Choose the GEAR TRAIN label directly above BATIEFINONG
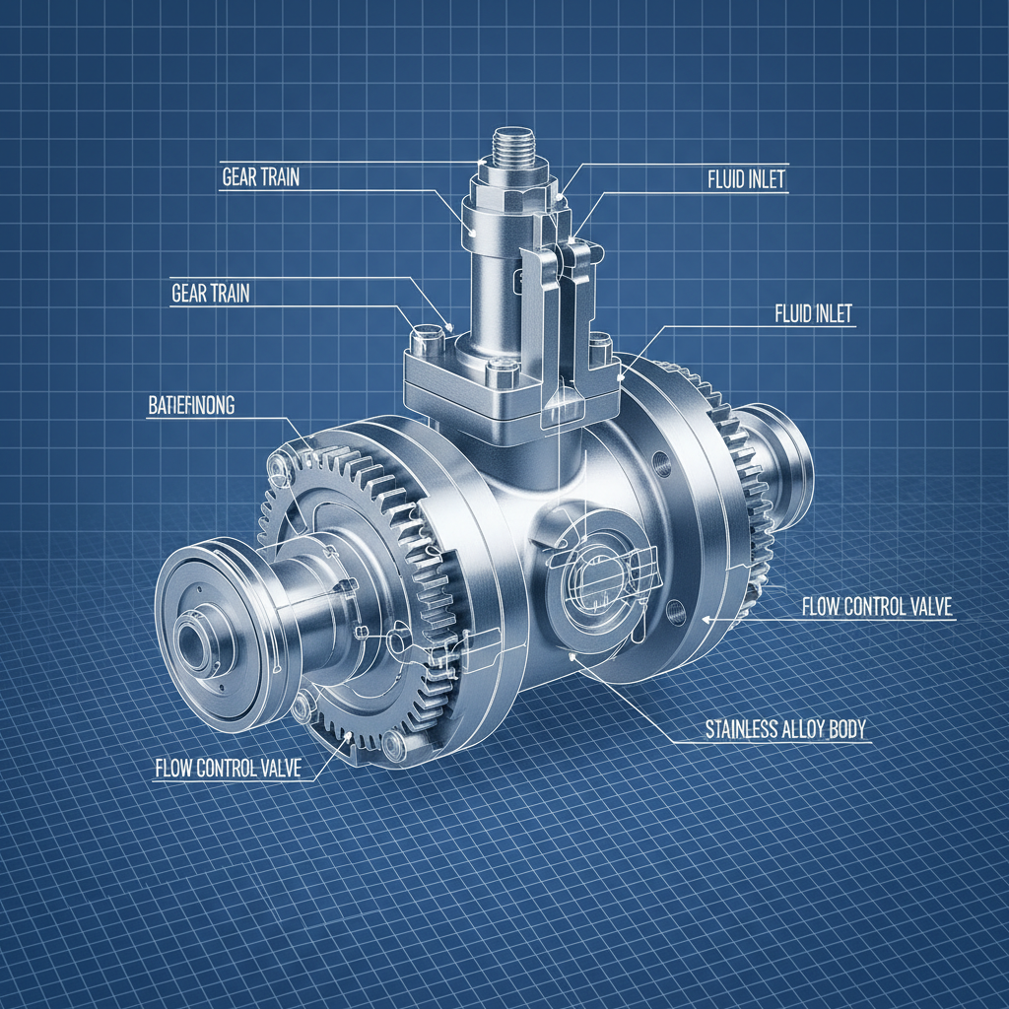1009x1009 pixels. [210, 293]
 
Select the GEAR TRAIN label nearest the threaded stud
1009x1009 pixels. [260, 178]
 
